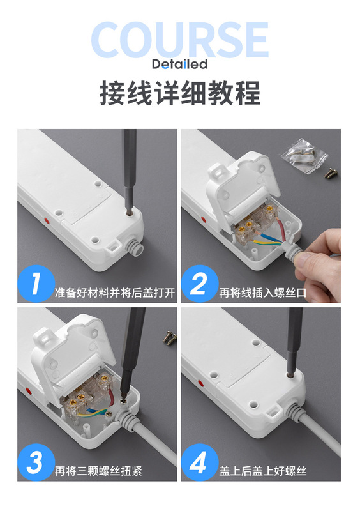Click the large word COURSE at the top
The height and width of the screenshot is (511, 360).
(x=179, y=40)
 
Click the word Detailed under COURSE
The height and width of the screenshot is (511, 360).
(x=179, y=64)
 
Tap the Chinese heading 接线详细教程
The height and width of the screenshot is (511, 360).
(x=180, y=93)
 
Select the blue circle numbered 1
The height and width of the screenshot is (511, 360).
(x=36, y=284)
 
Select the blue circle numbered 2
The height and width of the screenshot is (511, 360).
(x=200, y=284)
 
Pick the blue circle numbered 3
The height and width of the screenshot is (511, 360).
(x=36, y=462)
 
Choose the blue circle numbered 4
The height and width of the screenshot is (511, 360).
(x=200, y=462)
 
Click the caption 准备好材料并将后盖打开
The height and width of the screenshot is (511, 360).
(x=115, y=293)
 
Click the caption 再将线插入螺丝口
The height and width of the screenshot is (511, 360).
(x=262, y=293)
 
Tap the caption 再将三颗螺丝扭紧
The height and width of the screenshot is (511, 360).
(x=98, y=471)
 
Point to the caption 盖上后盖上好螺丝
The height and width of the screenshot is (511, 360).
(x=262, y=471)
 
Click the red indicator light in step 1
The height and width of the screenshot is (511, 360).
(x=46, y=220)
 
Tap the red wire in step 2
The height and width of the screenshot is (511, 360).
(x=280, y=229)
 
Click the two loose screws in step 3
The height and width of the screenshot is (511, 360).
(x=170, y=338)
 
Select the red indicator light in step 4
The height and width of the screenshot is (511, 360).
(x=200, y=383)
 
